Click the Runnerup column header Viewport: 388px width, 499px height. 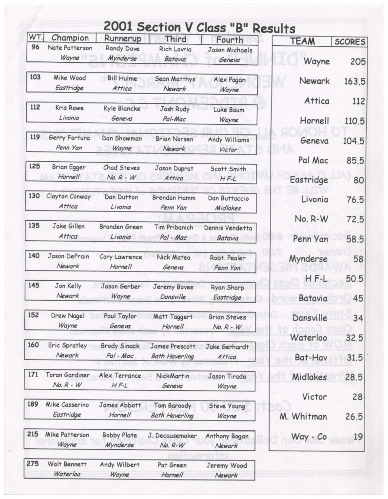pos(119,38)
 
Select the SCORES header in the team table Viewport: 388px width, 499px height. pos(349,41)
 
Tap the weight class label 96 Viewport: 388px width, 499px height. pos(35,48)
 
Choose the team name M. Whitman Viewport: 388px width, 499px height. pos(304,417)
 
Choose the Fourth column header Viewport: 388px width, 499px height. pos(229,38)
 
